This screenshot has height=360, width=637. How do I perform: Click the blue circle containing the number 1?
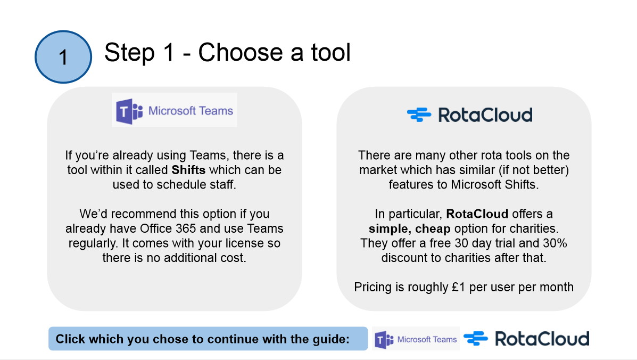(x=63, y=57)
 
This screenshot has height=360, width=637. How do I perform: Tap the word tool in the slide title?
(x=330, y=52)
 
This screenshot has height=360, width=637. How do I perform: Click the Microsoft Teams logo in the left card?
(x=174, y=110)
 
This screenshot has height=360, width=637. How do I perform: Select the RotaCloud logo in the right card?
(x=469, y=115)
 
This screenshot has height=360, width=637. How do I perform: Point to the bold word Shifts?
(x=188, y=170)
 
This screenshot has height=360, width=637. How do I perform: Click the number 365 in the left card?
(x=186, y=228)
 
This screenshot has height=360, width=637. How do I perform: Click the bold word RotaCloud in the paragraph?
(x=477, y=214)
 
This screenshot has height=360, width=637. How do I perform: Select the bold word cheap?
(x=433, y=229)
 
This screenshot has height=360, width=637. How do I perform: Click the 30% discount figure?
(x=555, y=243)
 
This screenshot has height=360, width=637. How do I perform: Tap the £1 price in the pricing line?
(x=458, y=287)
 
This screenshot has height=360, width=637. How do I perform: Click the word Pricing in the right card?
(x=373, y=287)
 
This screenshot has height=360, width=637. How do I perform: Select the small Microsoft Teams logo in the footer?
(x=416, y=339)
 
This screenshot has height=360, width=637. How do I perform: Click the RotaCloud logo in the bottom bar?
(x=526, y=339)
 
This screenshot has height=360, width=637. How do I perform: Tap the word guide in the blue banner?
(x=329, y=339)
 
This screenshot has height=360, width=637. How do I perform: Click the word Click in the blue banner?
(x=70, y=339)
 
